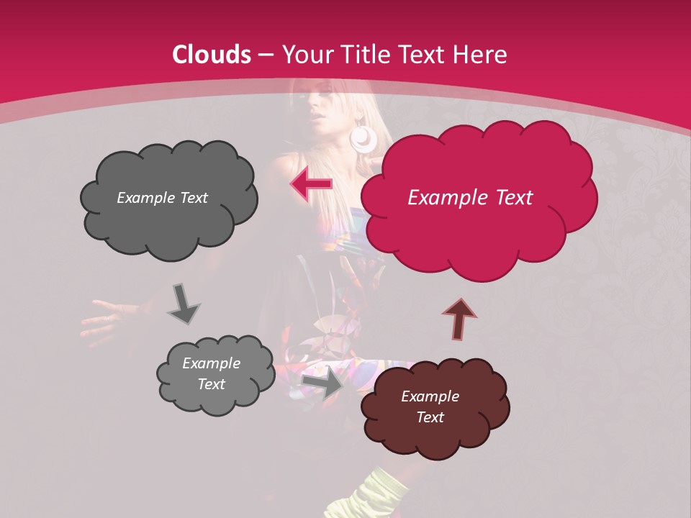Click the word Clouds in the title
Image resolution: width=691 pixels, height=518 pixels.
pyautogui.click(x=212, y=55)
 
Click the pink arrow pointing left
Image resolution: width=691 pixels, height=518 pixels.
pyautogui.click(x=311, y=184)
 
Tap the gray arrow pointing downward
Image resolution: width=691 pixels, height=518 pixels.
pyautogui.click(x=183, y=303)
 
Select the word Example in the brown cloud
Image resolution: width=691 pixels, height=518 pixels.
pyautogui.click(x=430, y=396)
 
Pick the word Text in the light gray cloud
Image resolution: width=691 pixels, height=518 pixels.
pyautogui.click(x=211, y=384)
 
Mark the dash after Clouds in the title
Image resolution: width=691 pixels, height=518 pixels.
pyautogui.click(x=266, y=55)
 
